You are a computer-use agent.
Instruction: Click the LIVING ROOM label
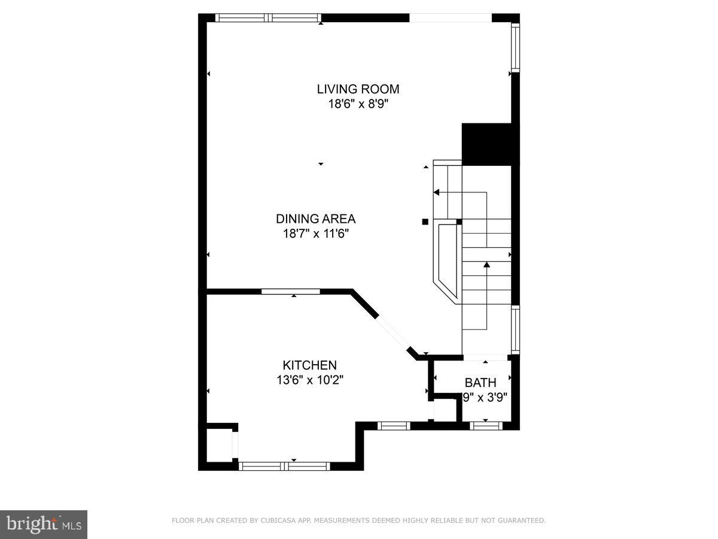[x=358, y=89]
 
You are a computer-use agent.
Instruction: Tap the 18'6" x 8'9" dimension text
[x=358, y=103]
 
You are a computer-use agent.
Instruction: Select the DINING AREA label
[x=315, y=219]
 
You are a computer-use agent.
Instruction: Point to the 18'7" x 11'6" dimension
[x=315, y=233]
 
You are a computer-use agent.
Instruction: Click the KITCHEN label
[x=309, y=365]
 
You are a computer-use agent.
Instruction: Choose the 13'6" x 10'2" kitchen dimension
[x=309, y=379]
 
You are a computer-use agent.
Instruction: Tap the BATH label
[x=480, y=383]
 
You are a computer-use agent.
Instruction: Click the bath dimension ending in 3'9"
[x=485, y=396]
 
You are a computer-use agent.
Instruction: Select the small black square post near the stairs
[x=425, y=222]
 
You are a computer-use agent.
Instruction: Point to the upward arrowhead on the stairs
[x=486, y=264]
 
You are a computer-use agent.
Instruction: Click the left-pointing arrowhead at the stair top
[x=437, y=192]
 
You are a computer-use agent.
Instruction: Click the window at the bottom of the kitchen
[x=284, y=465]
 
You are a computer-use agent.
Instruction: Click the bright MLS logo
[x=44, y=525]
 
